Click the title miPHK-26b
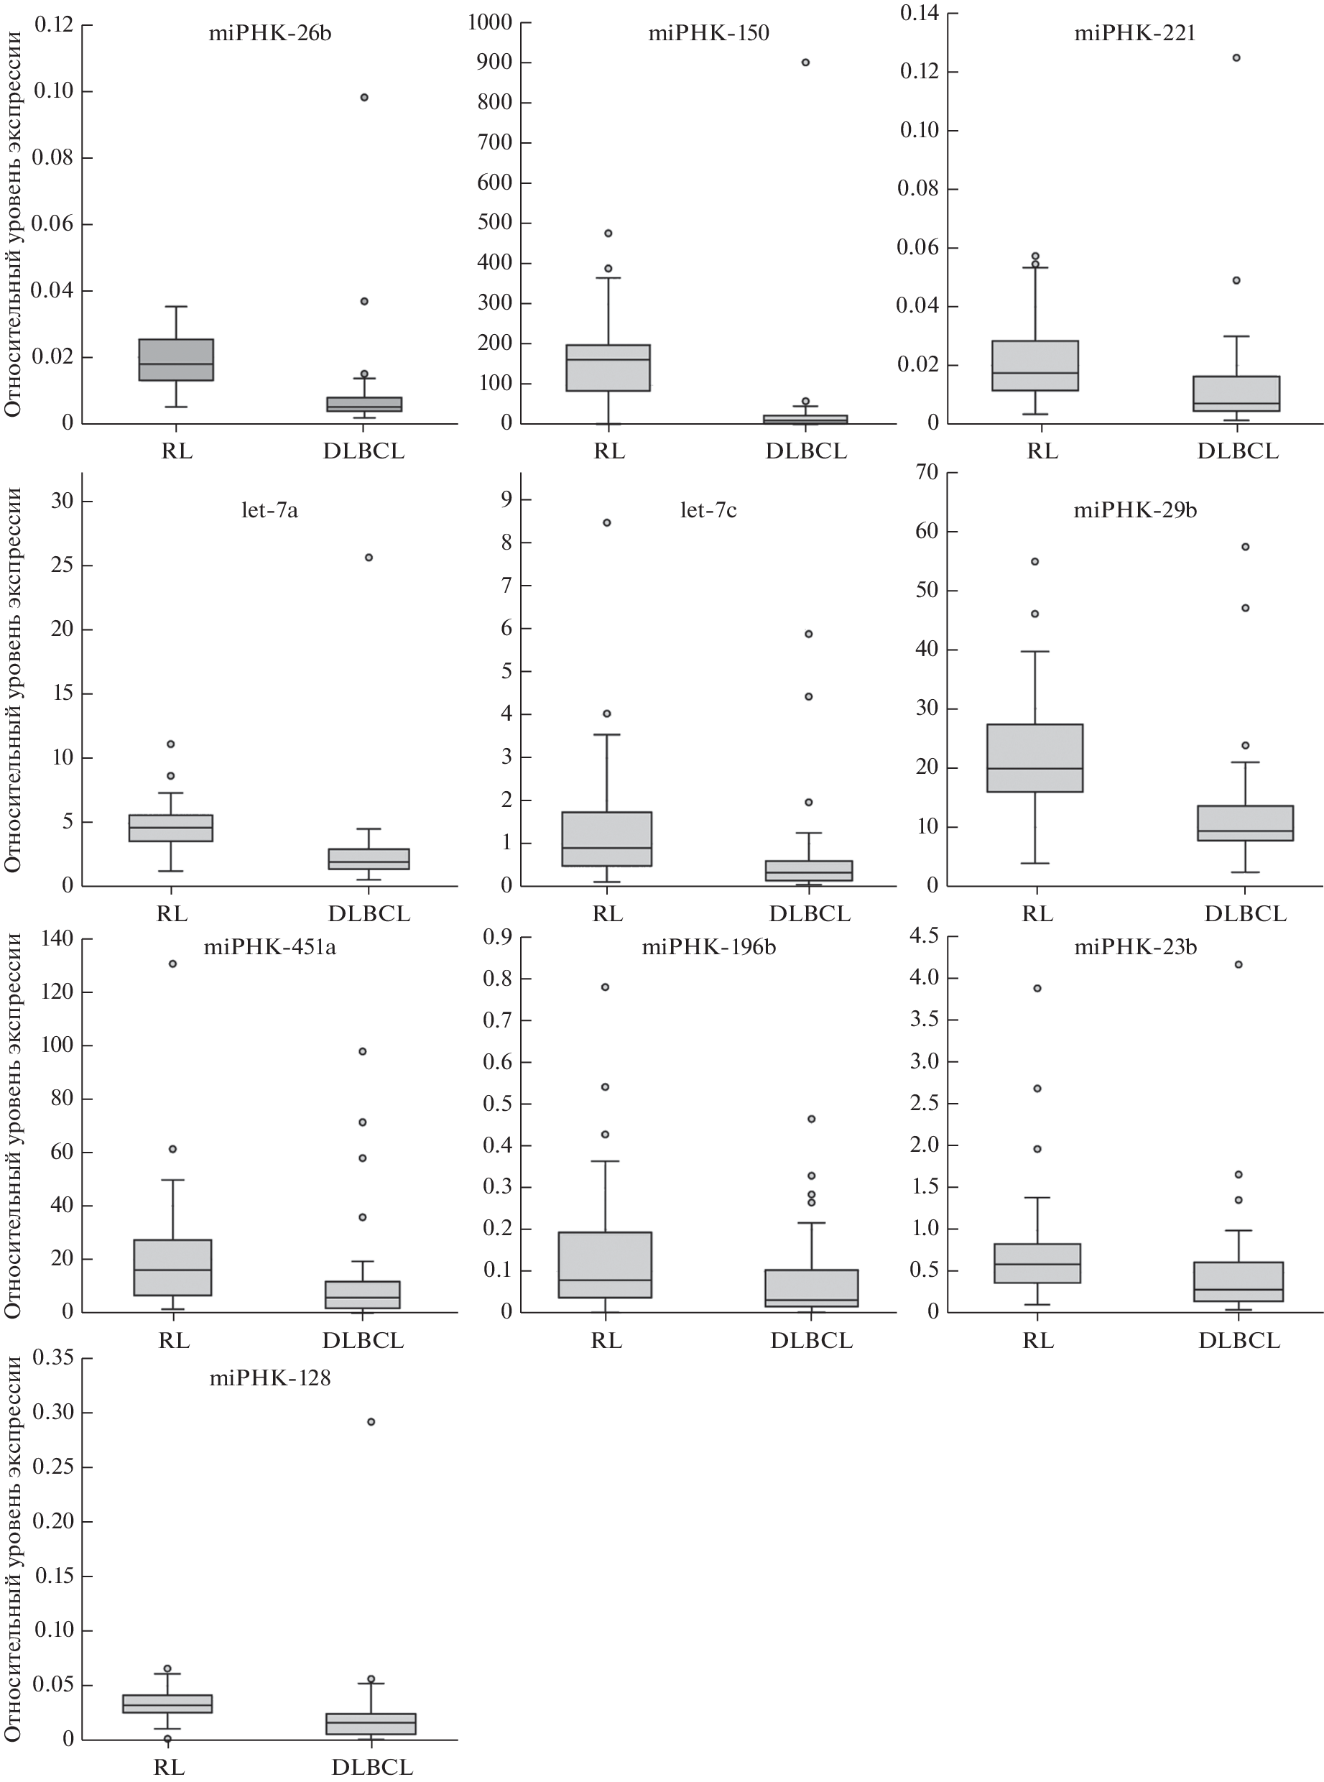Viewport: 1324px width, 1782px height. point(269,34)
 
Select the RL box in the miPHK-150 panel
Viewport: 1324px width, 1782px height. point(608,367)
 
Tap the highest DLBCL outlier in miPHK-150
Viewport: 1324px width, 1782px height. point(805,63)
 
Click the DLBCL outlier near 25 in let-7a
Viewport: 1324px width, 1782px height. point(369,557)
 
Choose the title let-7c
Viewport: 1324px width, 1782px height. point(708,511)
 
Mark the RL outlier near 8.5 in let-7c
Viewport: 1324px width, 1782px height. point(607,522)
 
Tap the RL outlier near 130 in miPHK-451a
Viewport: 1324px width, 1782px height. point(172,964)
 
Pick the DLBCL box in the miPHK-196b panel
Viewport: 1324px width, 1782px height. point(811,1288)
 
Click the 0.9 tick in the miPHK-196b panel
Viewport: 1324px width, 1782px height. point(498,936)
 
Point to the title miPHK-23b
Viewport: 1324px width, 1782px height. point(1135,948)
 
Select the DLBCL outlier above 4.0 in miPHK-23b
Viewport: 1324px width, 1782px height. point(1239,964)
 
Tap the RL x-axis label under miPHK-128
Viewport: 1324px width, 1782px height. point(169,1767)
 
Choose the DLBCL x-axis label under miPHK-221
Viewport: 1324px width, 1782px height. point(1238,451)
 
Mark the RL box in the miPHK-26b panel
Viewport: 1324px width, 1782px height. point(175,359)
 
